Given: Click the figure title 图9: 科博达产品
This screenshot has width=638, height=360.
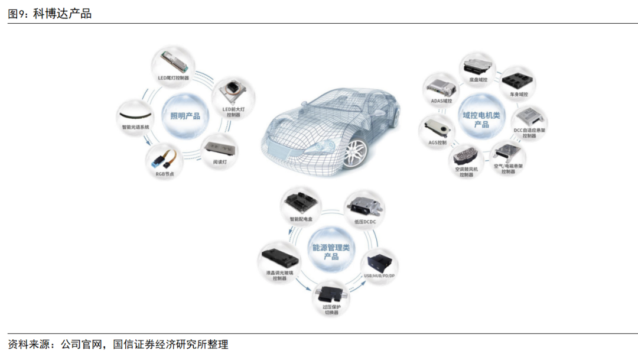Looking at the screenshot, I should click(x=50, y=14).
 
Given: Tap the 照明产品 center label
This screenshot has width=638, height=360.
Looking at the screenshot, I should click(x=185, y=116).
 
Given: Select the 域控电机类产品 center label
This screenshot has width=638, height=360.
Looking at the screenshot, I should click(x=481, y=119).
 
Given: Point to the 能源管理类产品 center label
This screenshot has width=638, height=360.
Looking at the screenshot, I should click(x=331, y=252).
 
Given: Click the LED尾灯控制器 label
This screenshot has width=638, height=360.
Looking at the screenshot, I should click(x=173, y=78).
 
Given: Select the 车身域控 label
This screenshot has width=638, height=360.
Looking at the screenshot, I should click(x=519, y=94).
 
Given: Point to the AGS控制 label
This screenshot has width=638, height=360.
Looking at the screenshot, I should click(x=438, y=142).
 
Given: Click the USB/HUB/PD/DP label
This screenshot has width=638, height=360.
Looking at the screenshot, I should click(x=379, y=277).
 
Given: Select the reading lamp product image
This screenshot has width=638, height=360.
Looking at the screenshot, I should click(x=219, y=145).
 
